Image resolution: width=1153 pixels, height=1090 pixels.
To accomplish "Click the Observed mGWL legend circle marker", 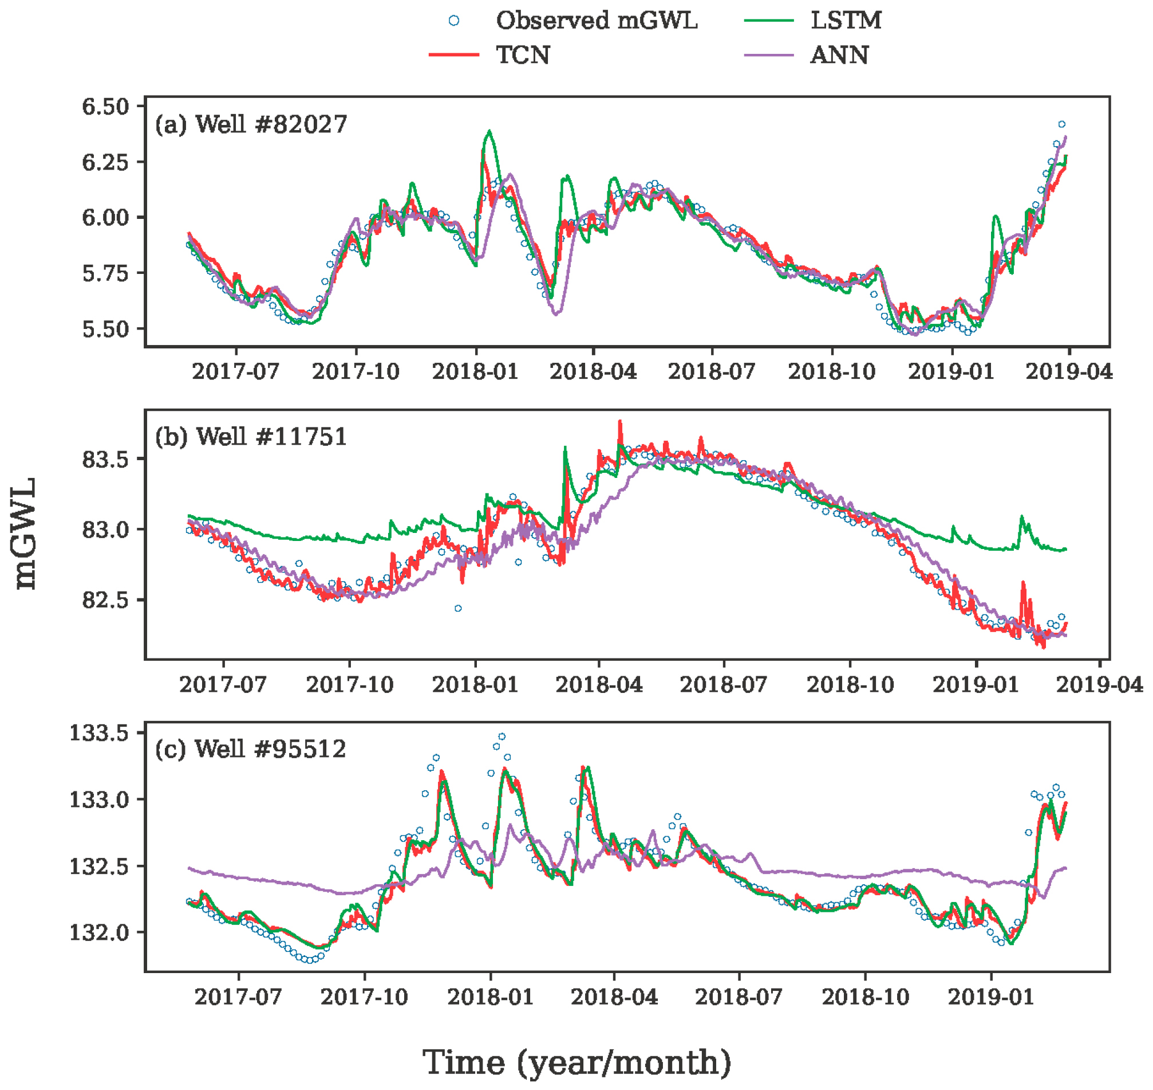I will [454, 21].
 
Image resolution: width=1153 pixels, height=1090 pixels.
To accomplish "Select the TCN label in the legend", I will [523, 55].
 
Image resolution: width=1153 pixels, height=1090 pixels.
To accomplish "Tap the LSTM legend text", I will [846, 21].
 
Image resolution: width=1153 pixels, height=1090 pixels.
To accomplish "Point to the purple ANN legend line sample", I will [769, 55].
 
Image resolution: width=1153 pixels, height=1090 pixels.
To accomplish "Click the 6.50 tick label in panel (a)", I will [105, 107].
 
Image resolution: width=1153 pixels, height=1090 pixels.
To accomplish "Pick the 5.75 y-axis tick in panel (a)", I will [105, 273].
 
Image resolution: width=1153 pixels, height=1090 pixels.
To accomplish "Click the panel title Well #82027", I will [251, 124].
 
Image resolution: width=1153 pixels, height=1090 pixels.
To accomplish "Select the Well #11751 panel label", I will [251, 437].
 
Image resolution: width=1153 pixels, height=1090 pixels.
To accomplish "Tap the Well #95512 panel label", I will [250, 749].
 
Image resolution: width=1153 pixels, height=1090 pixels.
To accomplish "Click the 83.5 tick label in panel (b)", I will [105, 460].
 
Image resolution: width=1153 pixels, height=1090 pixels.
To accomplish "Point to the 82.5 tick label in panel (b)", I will [105, 600].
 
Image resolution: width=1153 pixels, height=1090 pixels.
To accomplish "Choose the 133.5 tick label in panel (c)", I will [98, 733].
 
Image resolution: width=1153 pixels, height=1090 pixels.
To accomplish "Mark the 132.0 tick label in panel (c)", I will [98, 932].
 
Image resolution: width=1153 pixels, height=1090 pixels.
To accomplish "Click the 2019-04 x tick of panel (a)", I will [1069, 372].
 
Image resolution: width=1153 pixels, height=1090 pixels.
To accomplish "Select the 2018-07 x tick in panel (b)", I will [724, 684].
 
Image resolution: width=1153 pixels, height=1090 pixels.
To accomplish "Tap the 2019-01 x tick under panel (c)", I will [990, 997].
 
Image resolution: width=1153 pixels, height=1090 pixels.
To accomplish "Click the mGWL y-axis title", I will [26, 534].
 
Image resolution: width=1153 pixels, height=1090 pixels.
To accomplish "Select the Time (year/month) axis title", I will [576, 1062].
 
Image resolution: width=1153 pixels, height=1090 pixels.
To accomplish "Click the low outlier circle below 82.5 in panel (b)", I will [458, 609].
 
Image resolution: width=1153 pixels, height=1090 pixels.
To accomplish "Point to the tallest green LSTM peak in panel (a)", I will [490, 131].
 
